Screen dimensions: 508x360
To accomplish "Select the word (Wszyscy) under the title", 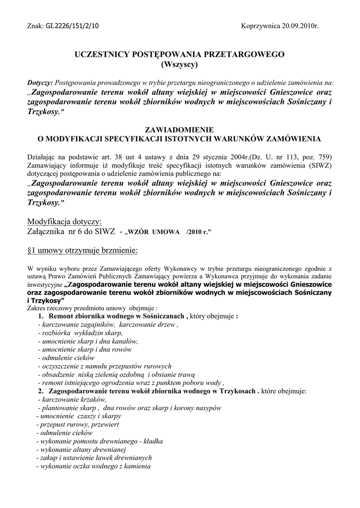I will click(180, 64).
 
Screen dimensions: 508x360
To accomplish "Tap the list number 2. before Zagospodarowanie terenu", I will click(41, 391).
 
